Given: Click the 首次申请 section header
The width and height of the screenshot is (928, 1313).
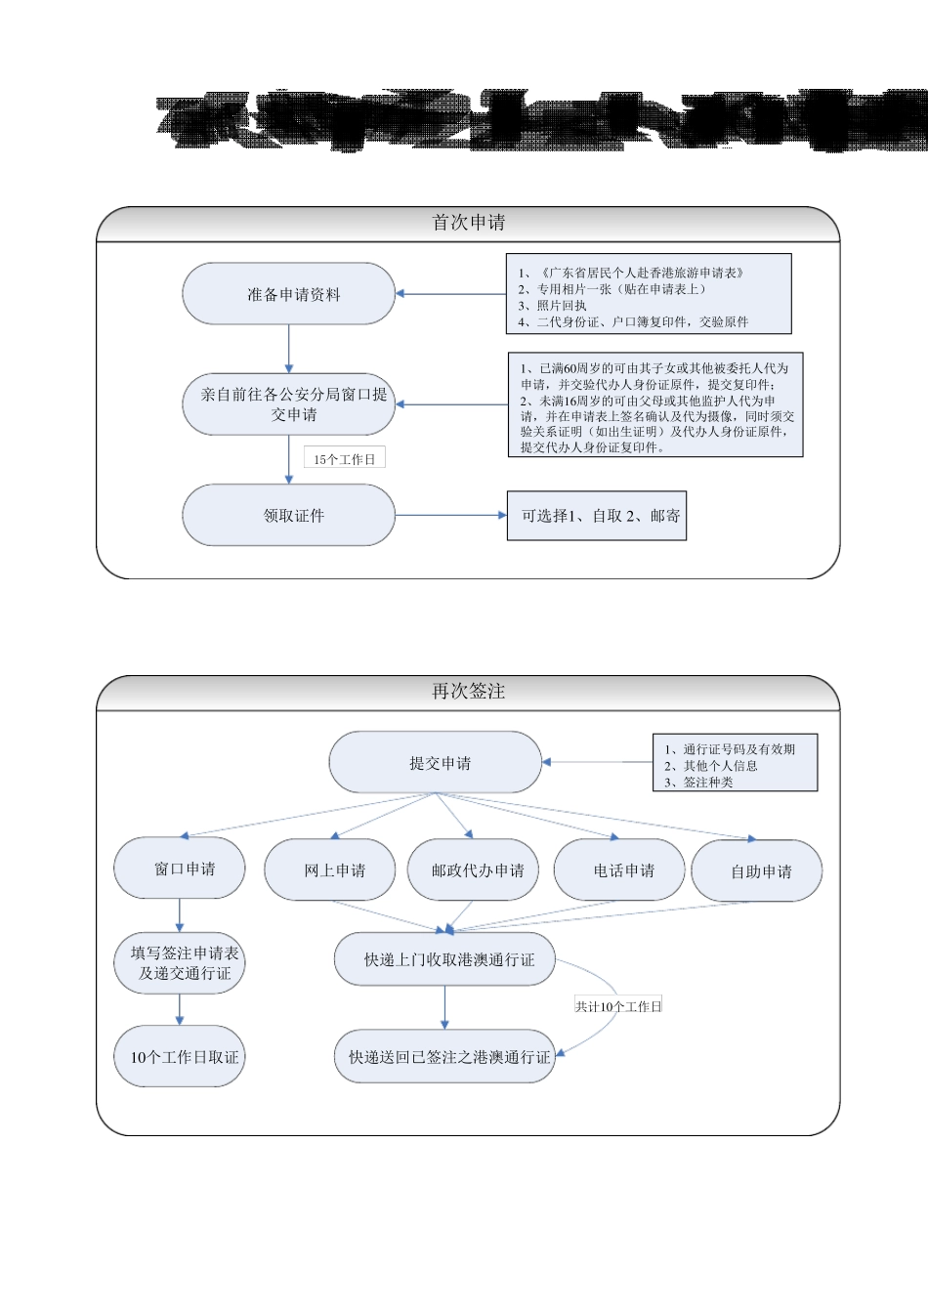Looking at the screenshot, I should (468, 223).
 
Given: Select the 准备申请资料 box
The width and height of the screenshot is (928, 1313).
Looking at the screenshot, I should (289, 294).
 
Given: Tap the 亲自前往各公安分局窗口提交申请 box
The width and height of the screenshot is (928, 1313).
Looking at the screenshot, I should (289, 404).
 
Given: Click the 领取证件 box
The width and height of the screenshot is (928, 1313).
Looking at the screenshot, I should (289, 515).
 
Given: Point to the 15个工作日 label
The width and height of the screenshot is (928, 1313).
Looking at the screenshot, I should (345, 459).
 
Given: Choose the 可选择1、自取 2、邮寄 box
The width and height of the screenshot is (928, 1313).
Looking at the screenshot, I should (597, 516).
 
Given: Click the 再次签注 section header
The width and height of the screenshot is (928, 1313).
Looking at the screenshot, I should (468, 692).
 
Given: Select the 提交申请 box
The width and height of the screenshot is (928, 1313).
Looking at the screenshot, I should (436, 763).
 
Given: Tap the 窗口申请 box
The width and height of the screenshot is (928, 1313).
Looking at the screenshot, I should (180, 868).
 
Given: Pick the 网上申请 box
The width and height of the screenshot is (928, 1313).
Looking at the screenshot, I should (330, 870).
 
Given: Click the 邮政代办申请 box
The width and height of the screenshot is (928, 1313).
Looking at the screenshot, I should (474, 870).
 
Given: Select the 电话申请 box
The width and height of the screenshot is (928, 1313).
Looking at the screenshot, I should (619, 870).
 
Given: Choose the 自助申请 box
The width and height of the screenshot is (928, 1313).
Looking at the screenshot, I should (757, 871).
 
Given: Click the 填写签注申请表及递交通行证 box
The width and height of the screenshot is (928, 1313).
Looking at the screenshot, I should (180, 963).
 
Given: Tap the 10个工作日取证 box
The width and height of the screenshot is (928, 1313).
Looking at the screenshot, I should (180, 1057).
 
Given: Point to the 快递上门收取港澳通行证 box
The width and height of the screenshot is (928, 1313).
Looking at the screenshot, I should (445, 960).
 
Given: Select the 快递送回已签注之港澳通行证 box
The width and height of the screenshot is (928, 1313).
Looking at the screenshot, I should (445, 1057).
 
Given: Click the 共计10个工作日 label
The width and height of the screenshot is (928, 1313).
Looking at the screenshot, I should (618, 1006).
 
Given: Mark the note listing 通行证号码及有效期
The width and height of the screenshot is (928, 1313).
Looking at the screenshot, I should (736, 764).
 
